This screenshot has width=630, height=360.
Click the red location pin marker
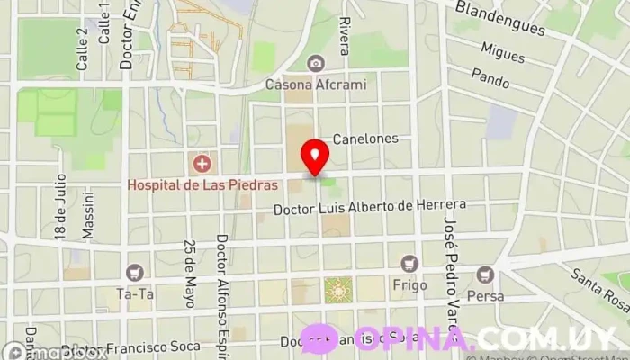click(x=314, y=157)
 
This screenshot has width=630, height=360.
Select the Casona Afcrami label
click(x=315, y=85)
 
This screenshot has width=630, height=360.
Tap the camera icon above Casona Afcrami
click(x=315, y=63)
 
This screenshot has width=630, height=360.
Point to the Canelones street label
click(x=364, y=140)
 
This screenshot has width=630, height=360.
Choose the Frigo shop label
click(x=409, y=284)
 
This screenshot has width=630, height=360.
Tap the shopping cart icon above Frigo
click(x=410, y=263)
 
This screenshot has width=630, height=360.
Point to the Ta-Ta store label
click(x=135, y=292)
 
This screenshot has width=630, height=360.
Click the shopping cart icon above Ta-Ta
click(x=135, y=271)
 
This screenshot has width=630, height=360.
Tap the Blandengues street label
click(x=500, y=19)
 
